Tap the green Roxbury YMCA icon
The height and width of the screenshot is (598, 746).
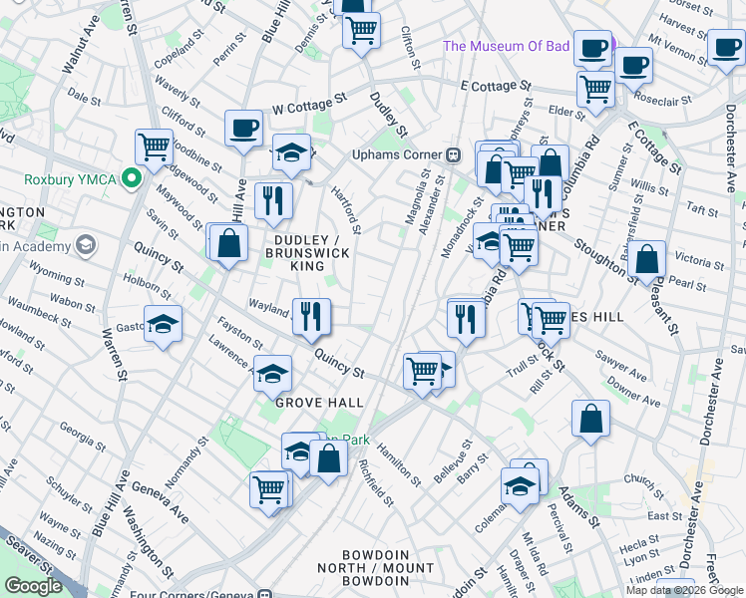coord(129,179)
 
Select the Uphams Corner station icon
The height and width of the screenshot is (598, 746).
coord(453,154)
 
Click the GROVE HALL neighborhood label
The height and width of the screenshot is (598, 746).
coord(319,403)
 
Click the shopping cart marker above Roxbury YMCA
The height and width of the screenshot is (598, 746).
coord(155,148)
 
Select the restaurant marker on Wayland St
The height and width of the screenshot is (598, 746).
coord(311,317)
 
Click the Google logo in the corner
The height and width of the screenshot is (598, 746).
coord(33,586)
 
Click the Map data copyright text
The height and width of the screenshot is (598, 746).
coord(684,590)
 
